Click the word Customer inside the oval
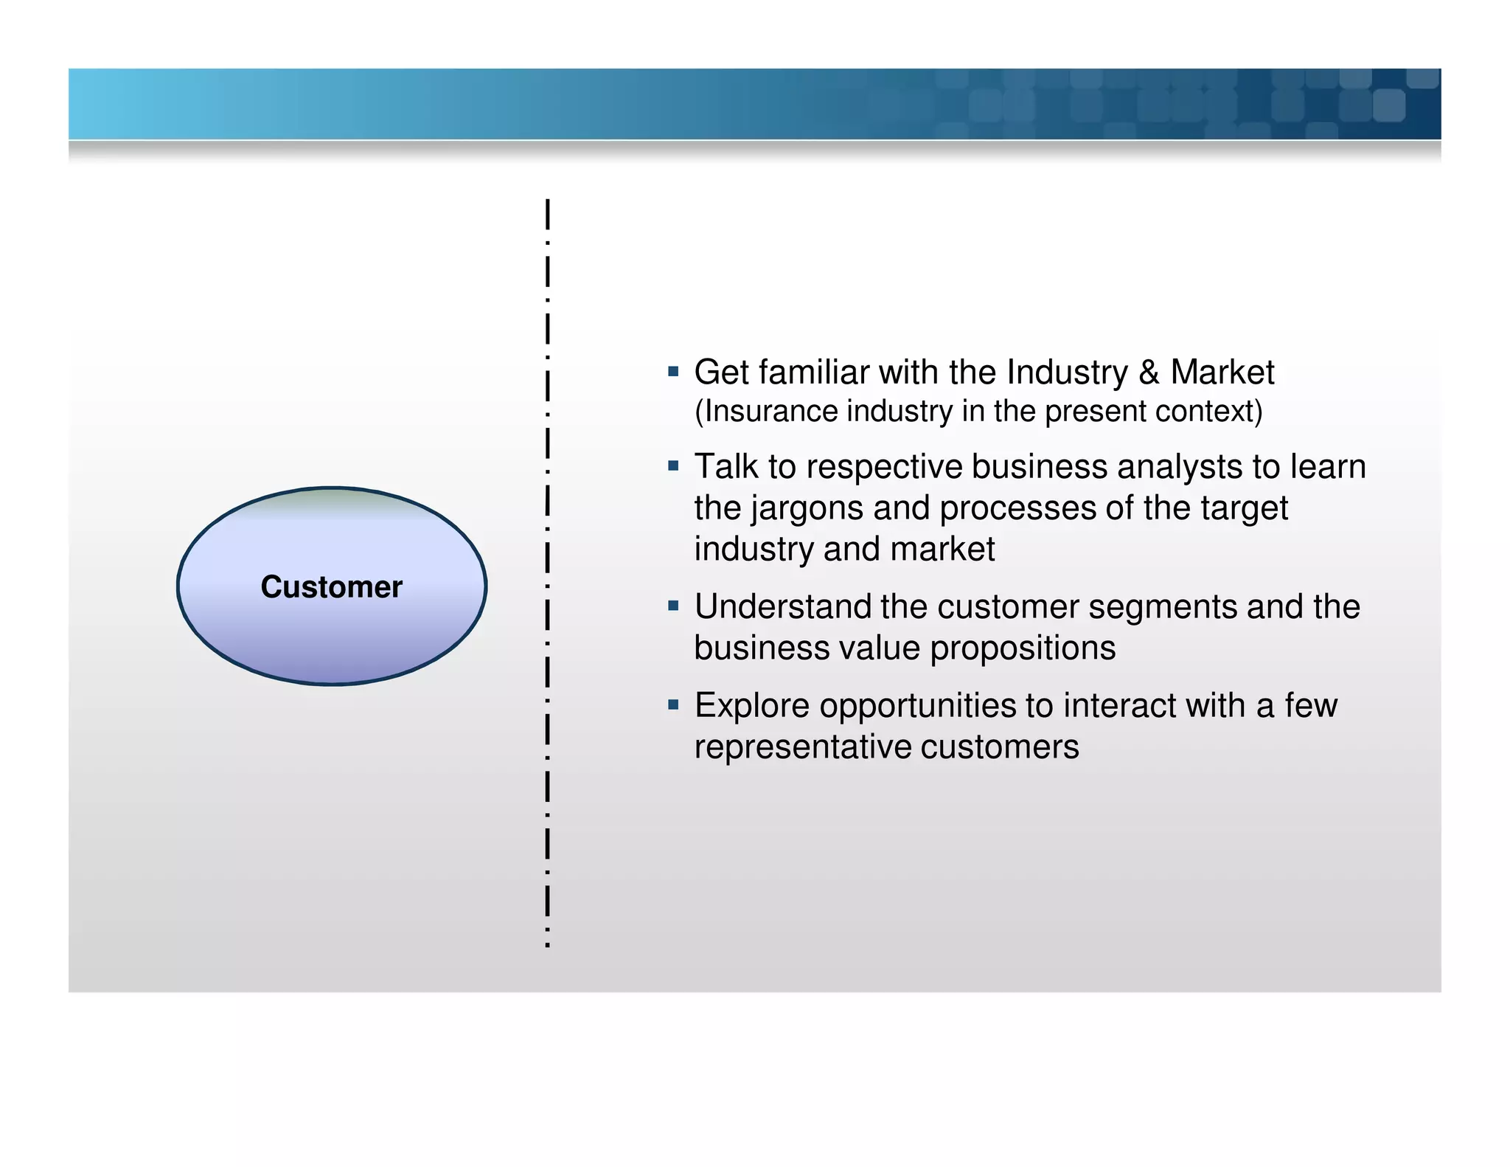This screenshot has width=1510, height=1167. [331, 587]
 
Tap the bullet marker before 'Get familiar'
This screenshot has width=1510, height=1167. [672, 372]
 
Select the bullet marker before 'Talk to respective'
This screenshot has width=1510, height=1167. [672, 466]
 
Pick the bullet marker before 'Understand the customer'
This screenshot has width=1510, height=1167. [672, 606]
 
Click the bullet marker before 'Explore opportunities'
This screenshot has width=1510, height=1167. [672, 705]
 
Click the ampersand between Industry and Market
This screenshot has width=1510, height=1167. [1149, 373]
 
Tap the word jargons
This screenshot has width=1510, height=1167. [809, 509]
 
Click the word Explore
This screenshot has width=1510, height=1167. [751, 706]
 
